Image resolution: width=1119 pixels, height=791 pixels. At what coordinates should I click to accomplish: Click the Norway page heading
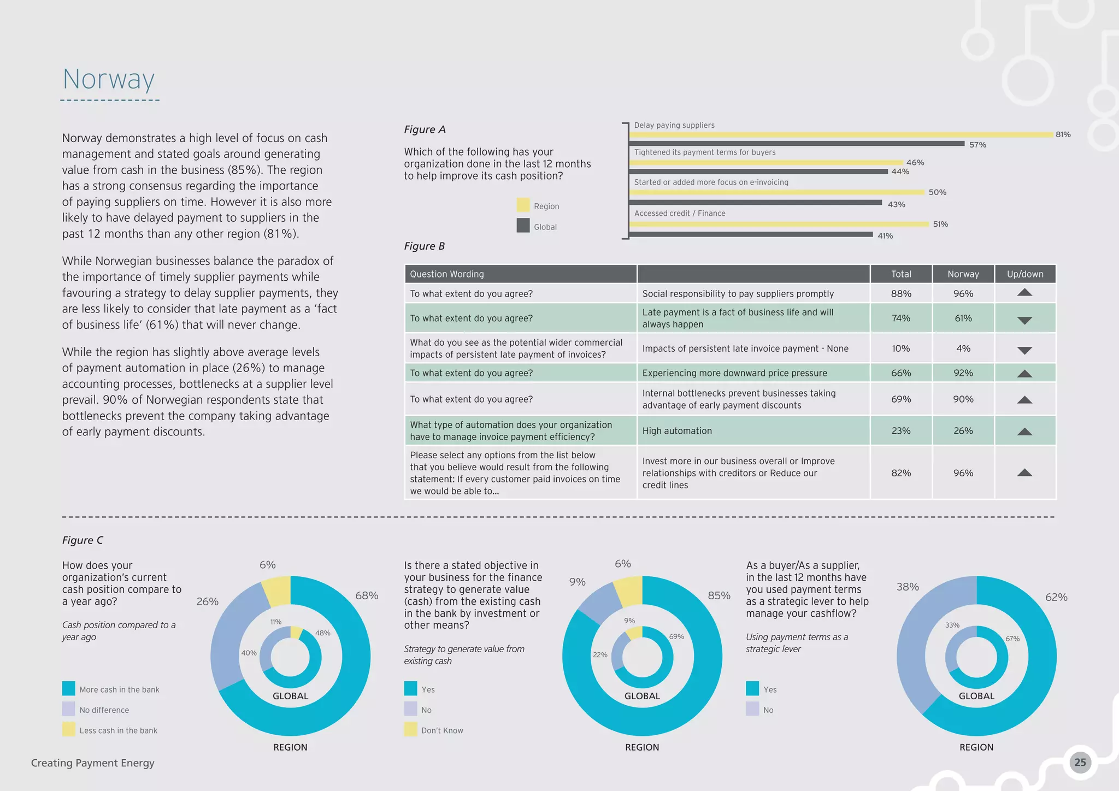pyautogui.click(x=109, y=80)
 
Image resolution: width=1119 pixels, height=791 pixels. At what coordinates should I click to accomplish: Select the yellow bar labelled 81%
pyautogui.click(x=841, y=134)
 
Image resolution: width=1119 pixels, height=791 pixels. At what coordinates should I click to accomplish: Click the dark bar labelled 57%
pyautogui.click(x=798, y=144)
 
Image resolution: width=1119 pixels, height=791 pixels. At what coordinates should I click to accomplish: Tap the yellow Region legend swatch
pyautogui.click(x=523, y=205)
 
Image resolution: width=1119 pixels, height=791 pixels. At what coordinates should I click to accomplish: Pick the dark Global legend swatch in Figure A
pyautogui.click(x=523, y=226)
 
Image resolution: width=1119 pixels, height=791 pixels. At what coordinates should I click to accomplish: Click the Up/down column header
pyautogui.click(x=1025, y=274)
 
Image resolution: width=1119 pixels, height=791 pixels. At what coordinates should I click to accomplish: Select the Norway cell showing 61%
pyautogui.click(x=963, y=318)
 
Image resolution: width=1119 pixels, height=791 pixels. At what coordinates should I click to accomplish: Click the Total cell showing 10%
pyautogui.click(x=900, y=349)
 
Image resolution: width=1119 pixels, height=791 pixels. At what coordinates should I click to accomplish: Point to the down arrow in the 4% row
pyautogui.click(x=1024, y=350)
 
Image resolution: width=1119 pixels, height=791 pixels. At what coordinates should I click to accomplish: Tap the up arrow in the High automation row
pyautogui.click(x=1024, y=432)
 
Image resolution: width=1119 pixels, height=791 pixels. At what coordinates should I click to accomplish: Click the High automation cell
pyautogui.click(x=677, y=431)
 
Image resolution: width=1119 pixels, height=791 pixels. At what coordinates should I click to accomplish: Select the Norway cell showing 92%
pyautogui.click(x=963, y=373)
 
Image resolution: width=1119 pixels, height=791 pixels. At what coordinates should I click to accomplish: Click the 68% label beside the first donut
pyautogui.click(x=367, y=595)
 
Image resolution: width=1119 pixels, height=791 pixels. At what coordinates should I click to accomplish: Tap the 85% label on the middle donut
pyautogui.click(x=719, y=595)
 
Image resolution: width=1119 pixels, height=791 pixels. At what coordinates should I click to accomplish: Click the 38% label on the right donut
pyautogui.click(x=908, y=587)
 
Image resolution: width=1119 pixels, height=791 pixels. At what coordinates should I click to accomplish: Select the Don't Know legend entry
pyautogui.click(x=441, y=730)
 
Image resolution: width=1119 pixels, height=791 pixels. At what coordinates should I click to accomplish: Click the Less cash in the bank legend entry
pyautogui.click(x=118, y=730)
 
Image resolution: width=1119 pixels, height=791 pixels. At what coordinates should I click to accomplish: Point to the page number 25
pyautogui.click(x=1080, y=763)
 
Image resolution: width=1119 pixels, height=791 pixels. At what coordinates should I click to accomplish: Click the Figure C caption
pyautogui.click(x=83, y=540)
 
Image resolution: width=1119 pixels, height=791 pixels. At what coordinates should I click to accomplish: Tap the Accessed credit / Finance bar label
pyautogui.click(x=680, y=214)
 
